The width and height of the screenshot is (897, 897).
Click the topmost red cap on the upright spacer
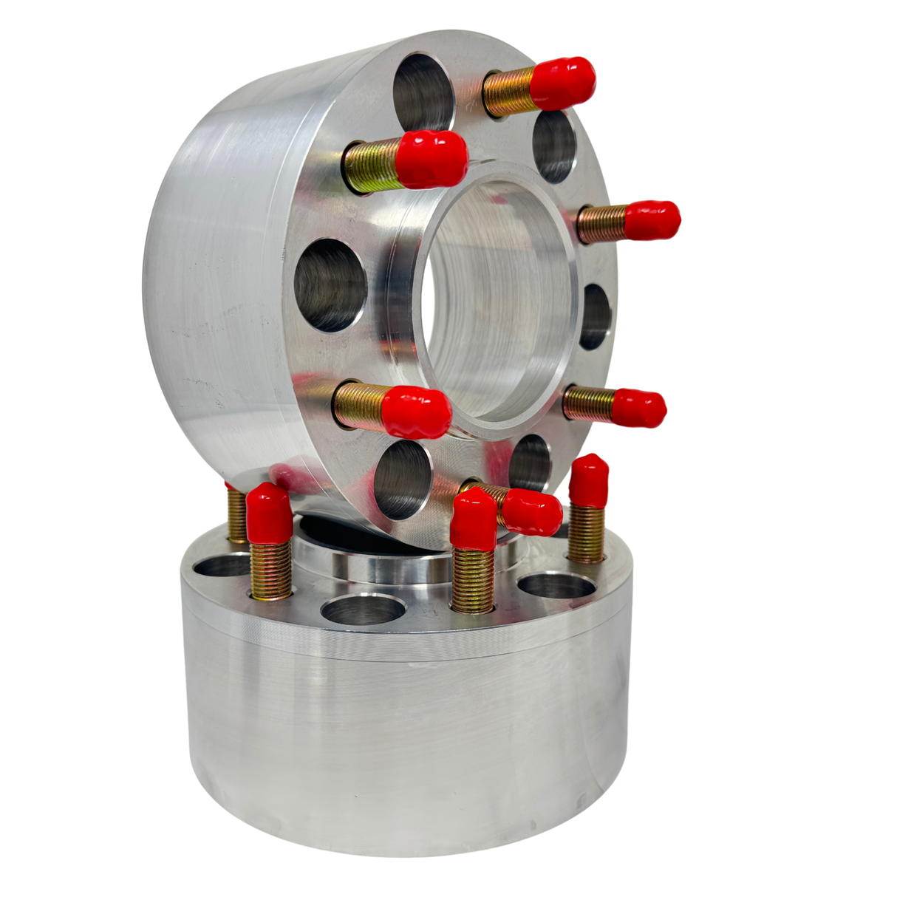(563, 81)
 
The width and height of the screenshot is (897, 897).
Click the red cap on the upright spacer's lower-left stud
(417, 411)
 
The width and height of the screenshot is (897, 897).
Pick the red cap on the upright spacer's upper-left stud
(434, 158)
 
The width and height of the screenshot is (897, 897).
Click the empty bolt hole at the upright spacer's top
(423, 92)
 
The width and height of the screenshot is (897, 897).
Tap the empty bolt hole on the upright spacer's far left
(330, 284)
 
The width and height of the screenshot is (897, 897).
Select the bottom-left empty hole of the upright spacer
(402, 481)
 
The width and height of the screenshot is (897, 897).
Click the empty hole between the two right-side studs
(595, 316)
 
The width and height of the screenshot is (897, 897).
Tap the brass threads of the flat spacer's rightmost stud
(587, 532)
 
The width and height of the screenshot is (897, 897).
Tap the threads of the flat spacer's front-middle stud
(473, 580)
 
